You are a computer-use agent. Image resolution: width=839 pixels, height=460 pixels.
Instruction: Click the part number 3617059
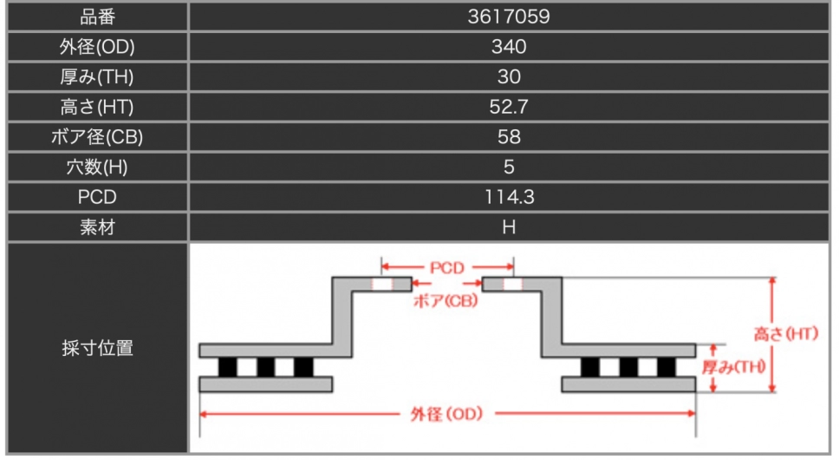(x=508, y=16)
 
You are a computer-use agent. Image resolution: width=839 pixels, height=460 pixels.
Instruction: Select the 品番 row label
(x=97, y=17)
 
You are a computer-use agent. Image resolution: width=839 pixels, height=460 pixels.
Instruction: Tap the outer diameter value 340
(x=509, y=47)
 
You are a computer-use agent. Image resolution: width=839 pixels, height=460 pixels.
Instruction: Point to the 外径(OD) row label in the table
(x=97, y=47)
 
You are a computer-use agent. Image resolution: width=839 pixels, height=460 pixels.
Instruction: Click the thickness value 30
(x=509, y=77)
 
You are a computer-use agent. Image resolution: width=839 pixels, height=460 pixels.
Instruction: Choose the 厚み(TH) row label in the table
(x=97, y=77)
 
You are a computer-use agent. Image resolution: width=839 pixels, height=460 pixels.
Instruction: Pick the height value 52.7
(x=509, y=107)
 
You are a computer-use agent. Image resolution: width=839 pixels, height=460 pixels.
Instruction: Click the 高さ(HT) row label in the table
(x=97, y=107)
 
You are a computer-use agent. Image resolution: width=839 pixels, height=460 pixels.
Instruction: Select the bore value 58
(x=509, y=137)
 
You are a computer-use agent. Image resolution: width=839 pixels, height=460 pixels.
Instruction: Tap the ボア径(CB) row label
(x=97, y=137)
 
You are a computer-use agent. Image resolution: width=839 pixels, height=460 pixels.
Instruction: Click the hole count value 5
(x=509, y=168)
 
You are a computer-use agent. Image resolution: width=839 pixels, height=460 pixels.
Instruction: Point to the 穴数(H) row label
(x=97, y=168)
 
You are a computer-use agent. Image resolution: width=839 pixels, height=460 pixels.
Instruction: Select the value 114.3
(x=509, y=198)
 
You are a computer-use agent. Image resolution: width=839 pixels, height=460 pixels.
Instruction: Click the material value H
(x=509, y=227)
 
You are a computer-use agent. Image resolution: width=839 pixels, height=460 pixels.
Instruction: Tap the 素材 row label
(x=97, y=227)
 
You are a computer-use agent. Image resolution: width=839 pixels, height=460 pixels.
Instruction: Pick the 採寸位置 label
(x=97, y=348)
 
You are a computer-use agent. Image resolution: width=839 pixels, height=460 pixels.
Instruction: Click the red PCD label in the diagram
(x=446, y=267)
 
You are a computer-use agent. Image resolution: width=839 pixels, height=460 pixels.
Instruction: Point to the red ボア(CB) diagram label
(x=446, y=300)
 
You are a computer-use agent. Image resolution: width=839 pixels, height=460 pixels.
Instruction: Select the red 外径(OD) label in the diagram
(x=446, y=414)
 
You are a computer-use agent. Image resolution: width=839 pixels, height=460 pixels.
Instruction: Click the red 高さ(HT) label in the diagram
(x=786, y=334)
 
